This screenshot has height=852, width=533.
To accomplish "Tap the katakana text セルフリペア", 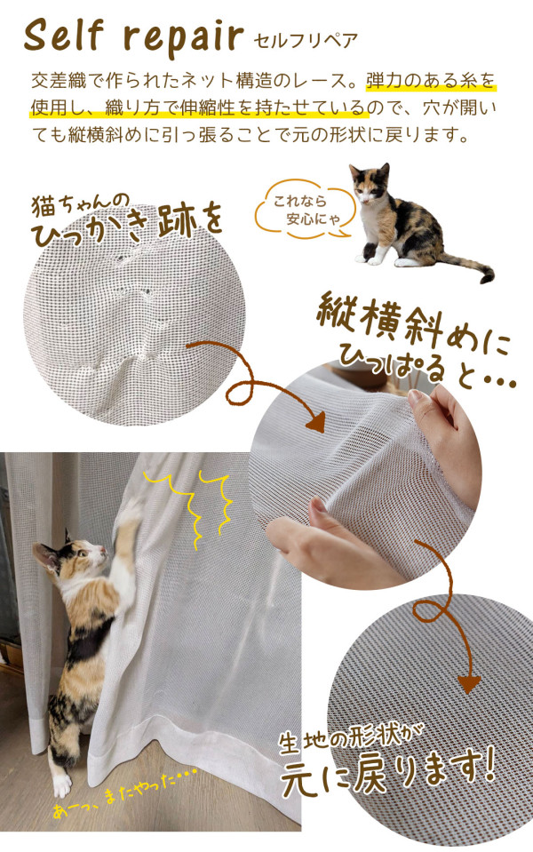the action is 306,41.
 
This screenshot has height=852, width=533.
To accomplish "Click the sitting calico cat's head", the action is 370,181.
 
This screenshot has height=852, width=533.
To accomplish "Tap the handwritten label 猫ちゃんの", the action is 80,203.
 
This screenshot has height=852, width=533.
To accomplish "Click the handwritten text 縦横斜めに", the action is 413,324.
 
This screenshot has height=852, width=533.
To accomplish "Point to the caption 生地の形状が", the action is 350,738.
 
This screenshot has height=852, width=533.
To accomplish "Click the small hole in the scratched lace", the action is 147,293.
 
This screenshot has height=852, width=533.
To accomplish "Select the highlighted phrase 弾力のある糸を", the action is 432,81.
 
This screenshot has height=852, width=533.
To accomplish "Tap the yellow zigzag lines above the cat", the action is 188,506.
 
